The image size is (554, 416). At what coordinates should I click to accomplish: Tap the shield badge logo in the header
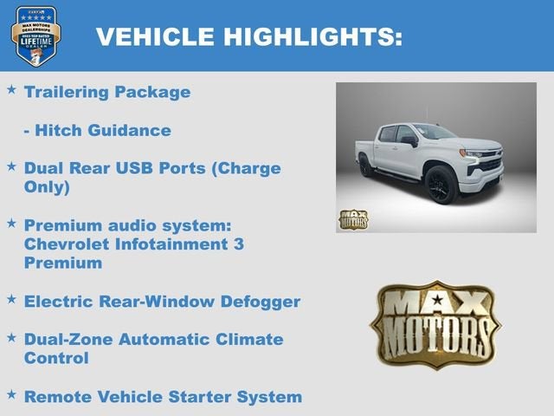pos(35,36)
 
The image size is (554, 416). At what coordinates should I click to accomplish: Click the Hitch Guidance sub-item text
pos(97,130)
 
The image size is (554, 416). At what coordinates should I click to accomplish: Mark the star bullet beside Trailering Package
pos(11,89)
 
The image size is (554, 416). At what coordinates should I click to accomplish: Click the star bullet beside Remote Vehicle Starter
pos(11,395)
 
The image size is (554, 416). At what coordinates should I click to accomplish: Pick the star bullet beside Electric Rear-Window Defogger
pos(11,300)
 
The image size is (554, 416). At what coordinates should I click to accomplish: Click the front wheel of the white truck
pos(440,185)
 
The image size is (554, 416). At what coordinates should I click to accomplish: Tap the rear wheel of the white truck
pos(367,166)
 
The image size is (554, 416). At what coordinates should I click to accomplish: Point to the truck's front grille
pos(491,163)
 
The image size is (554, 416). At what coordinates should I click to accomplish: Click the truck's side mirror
pos(409,140)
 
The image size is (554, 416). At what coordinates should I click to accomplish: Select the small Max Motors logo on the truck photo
pos(352,218)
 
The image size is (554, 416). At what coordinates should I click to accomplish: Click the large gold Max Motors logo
pos(435,324)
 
